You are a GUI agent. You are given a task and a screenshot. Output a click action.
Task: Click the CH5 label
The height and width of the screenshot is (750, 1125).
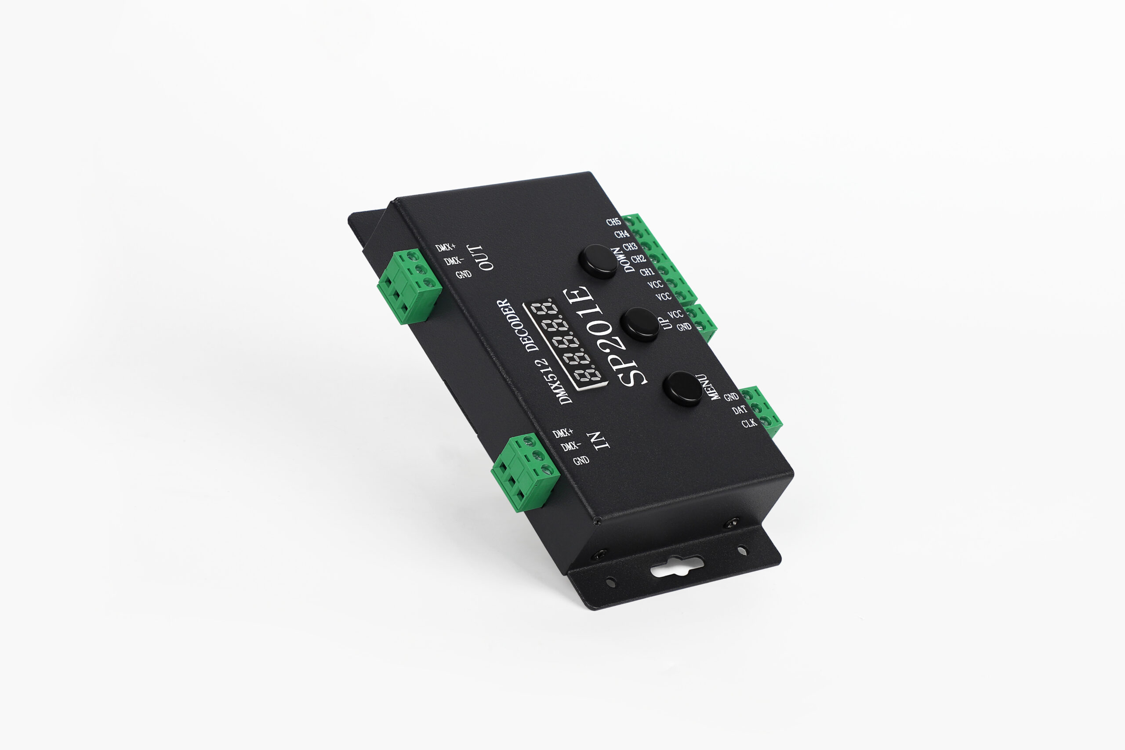[x=613, y=222]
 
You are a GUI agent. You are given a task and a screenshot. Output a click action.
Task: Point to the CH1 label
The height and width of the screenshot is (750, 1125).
[x=647, y=272]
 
